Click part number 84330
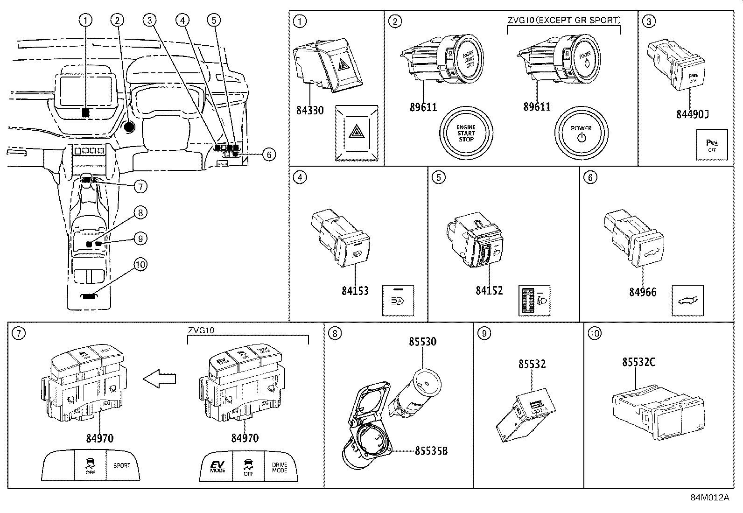[x=310, y=111]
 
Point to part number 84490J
[x=692, y=114]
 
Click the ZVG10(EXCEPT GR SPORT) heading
[x=564, y=20]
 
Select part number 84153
[x=355, y=291]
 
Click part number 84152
[x=489, y=290]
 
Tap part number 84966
[x=642, y=292]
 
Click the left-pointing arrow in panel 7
[x=159, y=379]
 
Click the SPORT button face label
[x=122, y=465]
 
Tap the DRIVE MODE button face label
[x=280, y=467]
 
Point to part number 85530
[x=422, y=342]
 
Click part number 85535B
[x=431, y=451]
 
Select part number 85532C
[x=638, y=362]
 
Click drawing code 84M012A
[x=709, y=498]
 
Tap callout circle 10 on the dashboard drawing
[x=140, y=265]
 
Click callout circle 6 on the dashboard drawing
[x=269, y=154]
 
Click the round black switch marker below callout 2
[x=129, y=126]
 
